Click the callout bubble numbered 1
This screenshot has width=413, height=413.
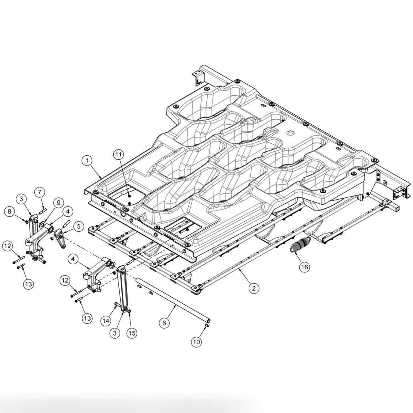point(87,160)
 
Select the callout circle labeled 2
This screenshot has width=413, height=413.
point(254,288)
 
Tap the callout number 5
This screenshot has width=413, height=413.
point(78,226)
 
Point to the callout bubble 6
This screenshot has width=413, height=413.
point(164,323)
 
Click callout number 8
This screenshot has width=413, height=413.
point(10,211)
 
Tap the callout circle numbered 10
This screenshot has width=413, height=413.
point(196,342)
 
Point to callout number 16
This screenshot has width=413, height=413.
point(304,267)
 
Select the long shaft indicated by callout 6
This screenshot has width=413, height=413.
point(172,300)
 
